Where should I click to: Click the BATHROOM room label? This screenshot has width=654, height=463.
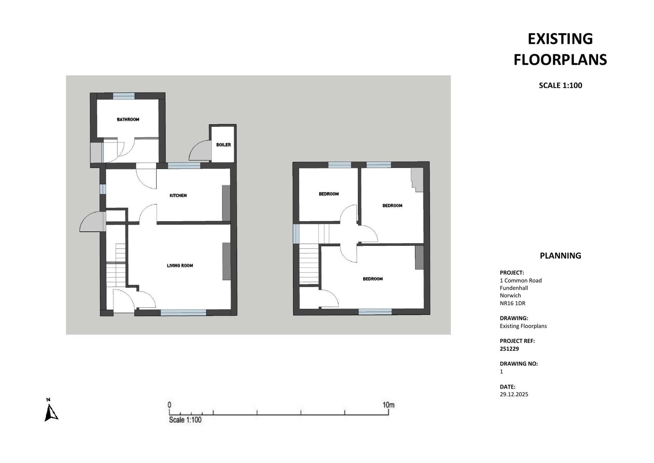[128, 119]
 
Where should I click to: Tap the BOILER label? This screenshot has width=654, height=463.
[224, 145]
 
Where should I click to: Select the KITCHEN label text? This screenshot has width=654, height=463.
[178, 196]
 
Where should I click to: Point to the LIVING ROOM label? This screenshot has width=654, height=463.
[180, 265]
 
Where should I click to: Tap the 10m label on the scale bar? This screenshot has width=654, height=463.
[388, 405]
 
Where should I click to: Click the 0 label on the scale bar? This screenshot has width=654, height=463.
[169, 405]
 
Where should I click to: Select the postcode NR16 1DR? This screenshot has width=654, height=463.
[513, 303]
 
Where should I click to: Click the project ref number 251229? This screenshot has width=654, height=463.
[509, 348]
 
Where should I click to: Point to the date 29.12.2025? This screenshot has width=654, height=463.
[514, 394]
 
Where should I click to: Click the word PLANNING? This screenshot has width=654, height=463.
[560, 256]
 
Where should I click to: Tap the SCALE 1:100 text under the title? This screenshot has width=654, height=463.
[560, 85]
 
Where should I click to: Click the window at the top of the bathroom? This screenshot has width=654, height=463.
[124, 96]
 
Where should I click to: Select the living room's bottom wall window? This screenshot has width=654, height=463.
[184, 312]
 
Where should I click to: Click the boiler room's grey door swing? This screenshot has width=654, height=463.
[200, 151]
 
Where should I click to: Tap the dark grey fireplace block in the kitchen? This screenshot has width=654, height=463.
[226, 203]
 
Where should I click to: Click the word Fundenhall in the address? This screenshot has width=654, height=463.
[514, 288]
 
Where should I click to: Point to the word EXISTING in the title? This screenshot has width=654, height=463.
[560, 39]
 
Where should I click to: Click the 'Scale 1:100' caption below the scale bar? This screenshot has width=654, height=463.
[185, 420]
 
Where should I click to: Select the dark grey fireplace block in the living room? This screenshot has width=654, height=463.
[226, 261]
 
